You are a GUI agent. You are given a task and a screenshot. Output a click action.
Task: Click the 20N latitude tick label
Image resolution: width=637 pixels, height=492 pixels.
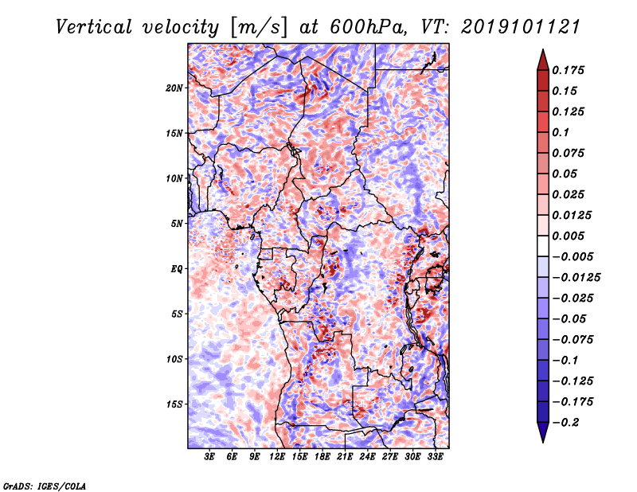[x=174, y=88]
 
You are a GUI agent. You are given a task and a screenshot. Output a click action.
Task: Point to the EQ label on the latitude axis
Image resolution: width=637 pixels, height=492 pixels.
[x=177, y=269]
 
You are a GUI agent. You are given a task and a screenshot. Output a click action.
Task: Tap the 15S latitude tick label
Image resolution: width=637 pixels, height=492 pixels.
[x=174, y=404]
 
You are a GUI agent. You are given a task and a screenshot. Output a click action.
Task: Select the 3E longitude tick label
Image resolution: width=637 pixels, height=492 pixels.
[x=209, y=457]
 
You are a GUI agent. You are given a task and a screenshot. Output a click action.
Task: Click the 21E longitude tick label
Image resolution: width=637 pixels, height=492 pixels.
[x=345, y=457]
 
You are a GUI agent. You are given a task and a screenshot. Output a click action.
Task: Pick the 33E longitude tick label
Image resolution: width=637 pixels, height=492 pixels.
[x=435, y=457]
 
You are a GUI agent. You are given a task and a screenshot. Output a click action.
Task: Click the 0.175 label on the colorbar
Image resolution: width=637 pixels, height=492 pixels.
[x=568, y=70]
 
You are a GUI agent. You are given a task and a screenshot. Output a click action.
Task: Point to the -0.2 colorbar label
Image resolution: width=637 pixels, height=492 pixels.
[x=565, y=423]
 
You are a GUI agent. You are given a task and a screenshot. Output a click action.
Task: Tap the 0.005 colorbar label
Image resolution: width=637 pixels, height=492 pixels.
[x=568, y=236]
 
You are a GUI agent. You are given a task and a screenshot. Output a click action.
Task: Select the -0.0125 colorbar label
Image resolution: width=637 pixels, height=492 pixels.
[x=576, y=278]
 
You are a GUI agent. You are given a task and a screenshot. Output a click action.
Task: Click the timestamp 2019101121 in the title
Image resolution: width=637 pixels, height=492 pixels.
[x=521, y=27]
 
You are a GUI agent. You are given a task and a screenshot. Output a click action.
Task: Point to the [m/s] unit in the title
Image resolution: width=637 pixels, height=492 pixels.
[x=258, y=28]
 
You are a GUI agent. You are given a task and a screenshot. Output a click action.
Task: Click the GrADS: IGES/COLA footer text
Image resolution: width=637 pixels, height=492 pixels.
[x=45, y=486]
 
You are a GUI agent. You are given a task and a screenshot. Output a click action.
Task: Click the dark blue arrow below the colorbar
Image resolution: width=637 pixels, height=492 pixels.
[x=543, y=432]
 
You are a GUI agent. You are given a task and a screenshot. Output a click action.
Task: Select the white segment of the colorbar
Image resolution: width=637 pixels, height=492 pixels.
[x=543, y=246]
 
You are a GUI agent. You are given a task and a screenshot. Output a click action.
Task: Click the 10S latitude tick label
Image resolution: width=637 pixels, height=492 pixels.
[x=174, y=359]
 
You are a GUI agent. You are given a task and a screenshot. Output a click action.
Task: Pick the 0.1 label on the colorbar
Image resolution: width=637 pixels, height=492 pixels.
[x=561, y=132]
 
